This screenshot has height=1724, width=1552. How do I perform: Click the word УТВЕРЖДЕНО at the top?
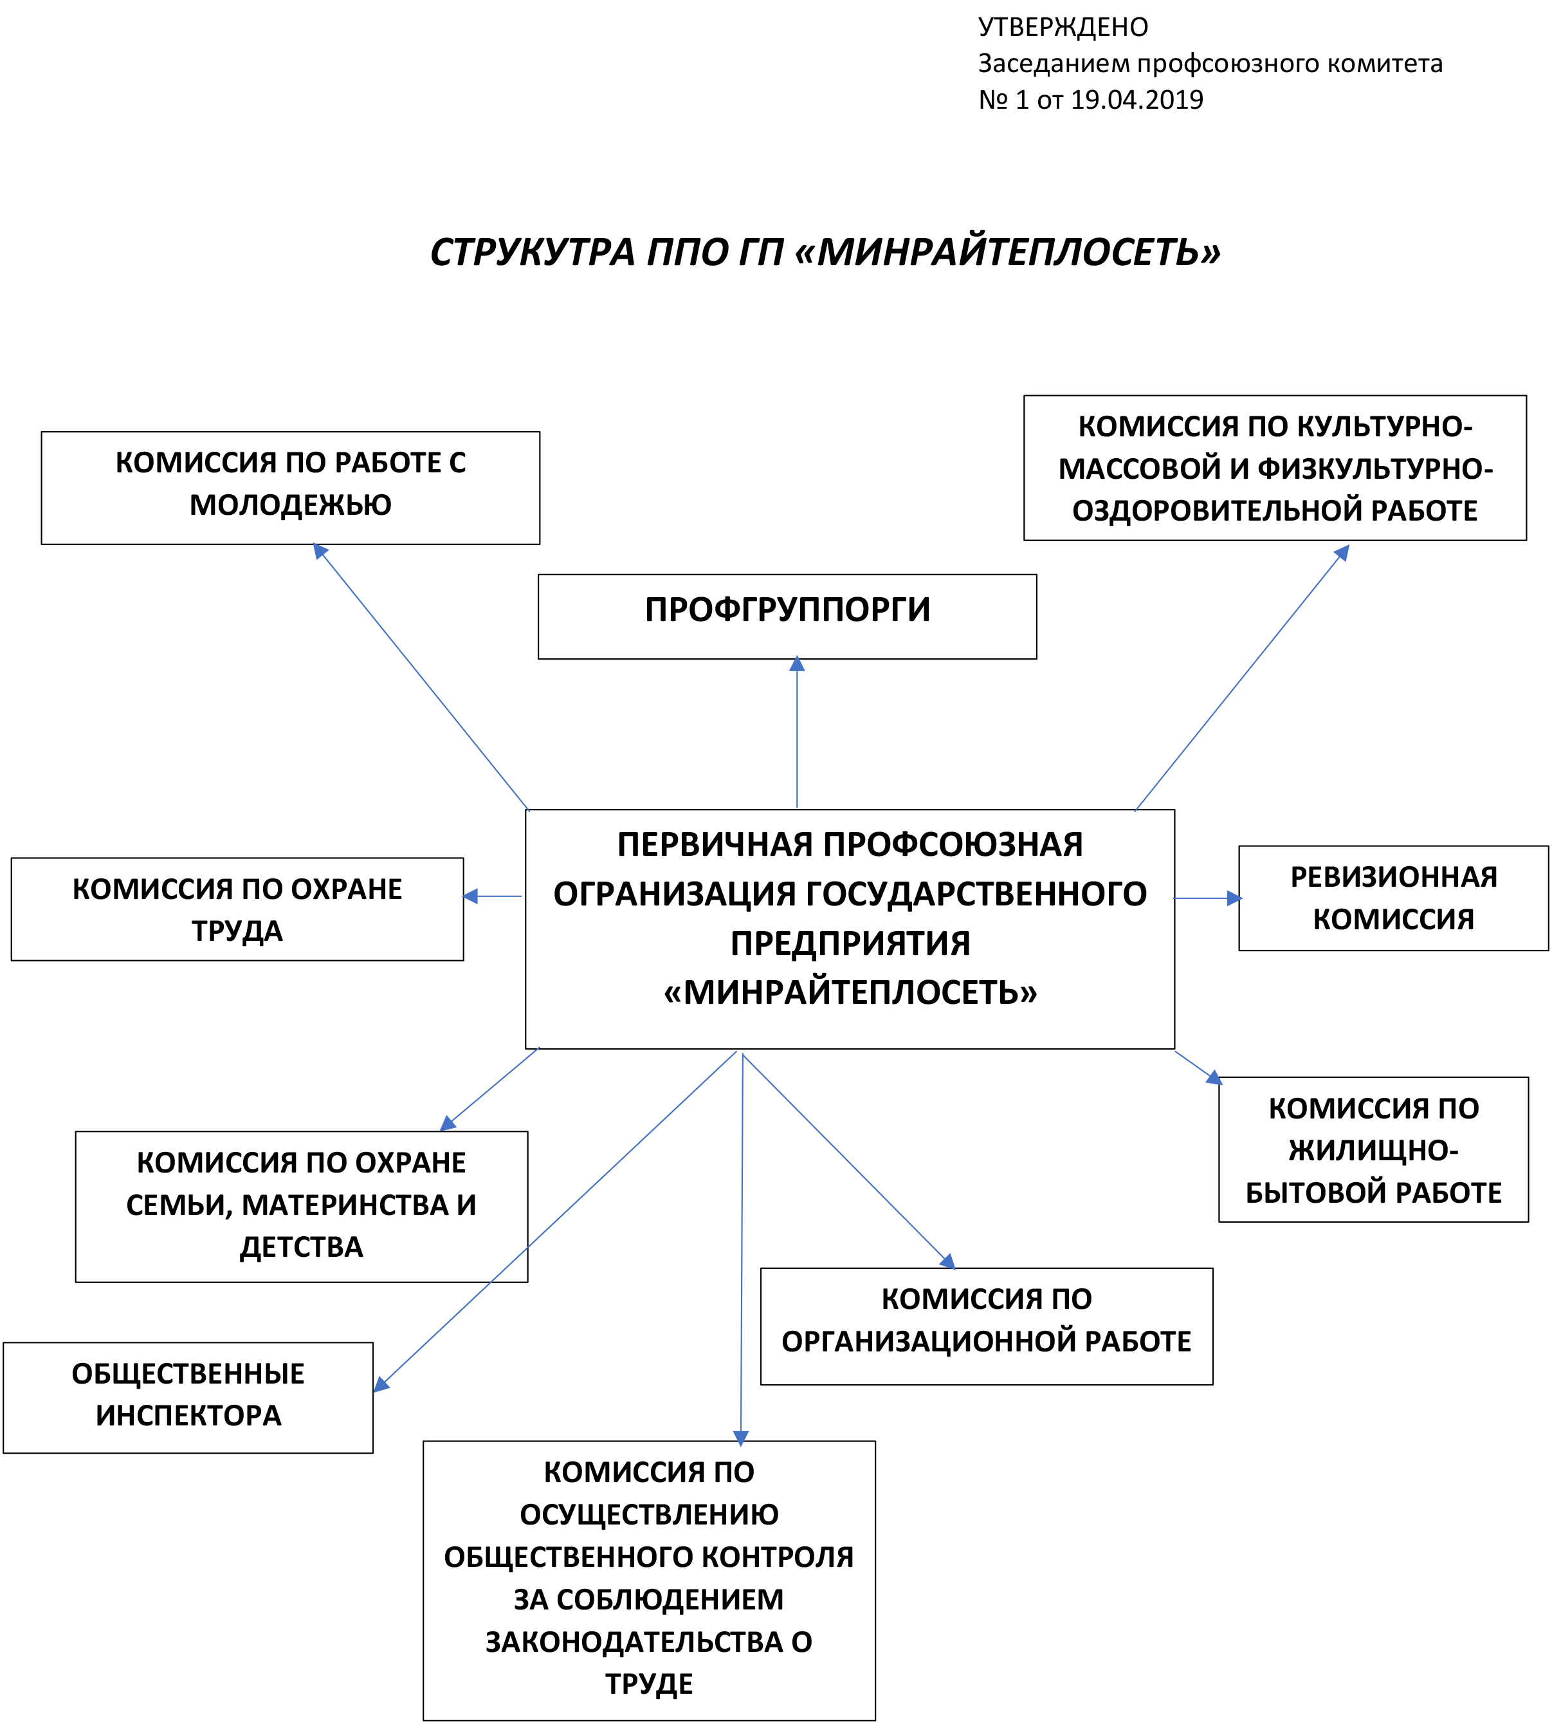[x=1063, y=27]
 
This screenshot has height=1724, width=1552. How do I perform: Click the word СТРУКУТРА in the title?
[x=533, y=252]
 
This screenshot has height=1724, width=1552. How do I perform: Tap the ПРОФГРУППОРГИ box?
[x=787, y=616]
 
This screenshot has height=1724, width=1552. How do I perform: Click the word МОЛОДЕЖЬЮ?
[x=290, y=505]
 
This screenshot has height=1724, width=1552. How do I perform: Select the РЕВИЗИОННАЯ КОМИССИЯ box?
[x=1392, y=898]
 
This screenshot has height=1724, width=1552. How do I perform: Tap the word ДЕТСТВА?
[x=301, y=1247]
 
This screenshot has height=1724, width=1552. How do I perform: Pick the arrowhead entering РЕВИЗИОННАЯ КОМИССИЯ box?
[x=1233, y=898]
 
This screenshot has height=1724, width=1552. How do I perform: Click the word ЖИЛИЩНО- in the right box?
[x=1373, y=1151]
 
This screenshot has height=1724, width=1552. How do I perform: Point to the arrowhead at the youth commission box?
[x=321, y=551]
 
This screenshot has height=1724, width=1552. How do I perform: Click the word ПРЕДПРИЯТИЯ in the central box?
[x=850, y=943]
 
